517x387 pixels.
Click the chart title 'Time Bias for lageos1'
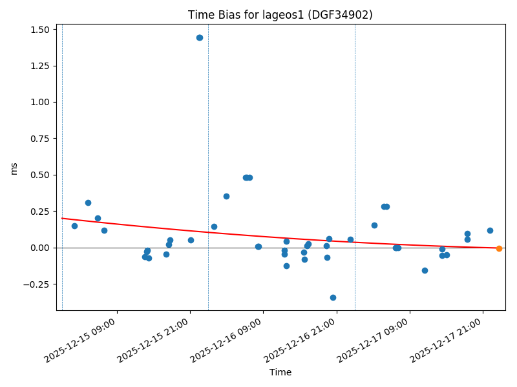pyautogui.click(x=280, y=15)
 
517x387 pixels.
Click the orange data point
pyautogui.click(x=499, y=248)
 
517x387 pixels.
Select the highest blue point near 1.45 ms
pyautogui.click(x=200, y=37)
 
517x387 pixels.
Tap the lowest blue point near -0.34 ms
pyautogui.click(x=333, y=297)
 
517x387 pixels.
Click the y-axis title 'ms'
pyautogui.click(x=14, y=168)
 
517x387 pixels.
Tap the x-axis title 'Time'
pyautogui.click(x=280, y=372)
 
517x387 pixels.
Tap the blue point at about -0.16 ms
pyautogui.click(x=425, y=270)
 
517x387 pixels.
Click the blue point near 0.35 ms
pyautogui.click(x=226, y=196)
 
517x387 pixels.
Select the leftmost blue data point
pyautogui.click(x=74, y=226)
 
